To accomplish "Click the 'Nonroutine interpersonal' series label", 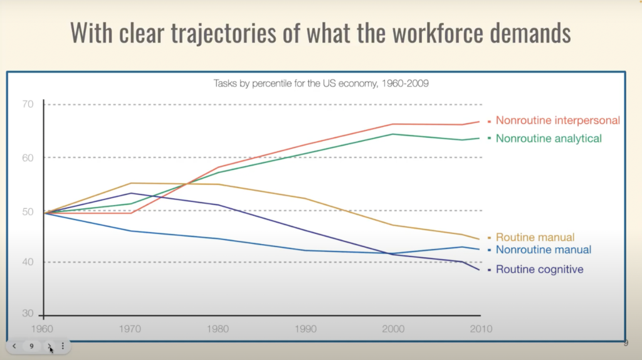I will pos(557,120).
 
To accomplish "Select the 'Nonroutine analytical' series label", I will pos(549,138).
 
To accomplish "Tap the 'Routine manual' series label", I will pos(535,238).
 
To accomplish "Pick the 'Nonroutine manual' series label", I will pos(543,250).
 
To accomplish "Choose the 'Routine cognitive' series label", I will pos(539,270).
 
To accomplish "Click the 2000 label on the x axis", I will pos(393,329).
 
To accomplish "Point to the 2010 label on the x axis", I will pos(481,329).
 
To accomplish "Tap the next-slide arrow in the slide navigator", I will pos(50,346).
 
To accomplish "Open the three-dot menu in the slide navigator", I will pos(63,346).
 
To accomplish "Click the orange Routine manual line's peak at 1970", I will pos(131,183).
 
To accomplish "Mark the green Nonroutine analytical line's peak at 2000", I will pos(393,134).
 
